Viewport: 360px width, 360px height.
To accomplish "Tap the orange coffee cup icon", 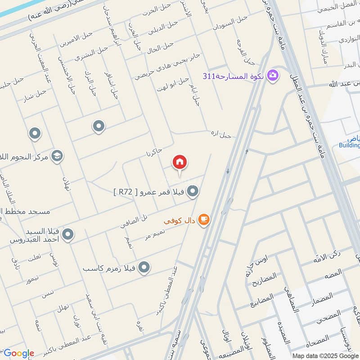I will point(204,220).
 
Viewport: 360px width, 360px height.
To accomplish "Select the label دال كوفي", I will point(179,221).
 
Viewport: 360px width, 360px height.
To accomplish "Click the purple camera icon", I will point(272,75).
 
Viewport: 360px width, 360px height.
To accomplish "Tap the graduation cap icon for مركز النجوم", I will point(57,156).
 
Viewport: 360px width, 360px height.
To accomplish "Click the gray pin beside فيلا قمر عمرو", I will point(193,192).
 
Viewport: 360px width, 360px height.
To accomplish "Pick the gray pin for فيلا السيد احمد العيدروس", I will point(68,234).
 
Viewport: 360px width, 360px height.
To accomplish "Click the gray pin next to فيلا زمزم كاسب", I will point(144,268).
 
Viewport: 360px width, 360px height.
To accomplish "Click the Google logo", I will point(18,353).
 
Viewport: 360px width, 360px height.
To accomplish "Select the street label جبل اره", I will point(221,134).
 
